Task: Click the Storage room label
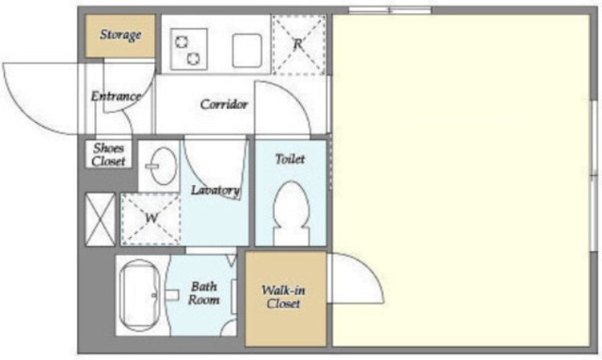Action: pos(120,35)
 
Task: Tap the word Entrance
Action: pos(116,96)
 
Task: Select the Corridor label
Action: pos(224,104)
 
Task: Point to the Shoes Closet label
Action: pos(109,154)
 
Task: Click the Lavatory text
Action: pos(215,190)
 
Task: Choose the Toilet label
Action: pos(291,159)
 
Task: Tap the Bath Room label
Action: pos(203,293)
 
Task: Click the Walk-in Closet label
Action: pos(283,297)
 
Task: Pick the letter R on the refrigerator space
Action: pos(298,44)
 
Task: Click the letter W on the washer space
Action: pos(151,218)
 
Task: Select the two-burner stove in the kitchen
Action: pos(189,49)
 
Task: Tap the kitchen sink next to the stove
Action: pos(247,50)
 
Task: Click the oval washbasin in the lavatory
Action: pos(164,165)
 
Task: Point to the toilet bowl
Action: pos(291,212)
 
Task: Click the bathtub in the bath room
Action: pos(139,295)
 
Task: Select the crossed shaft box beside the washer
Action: pos(100,219)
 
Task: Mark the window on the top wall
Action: pos(389,10)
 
